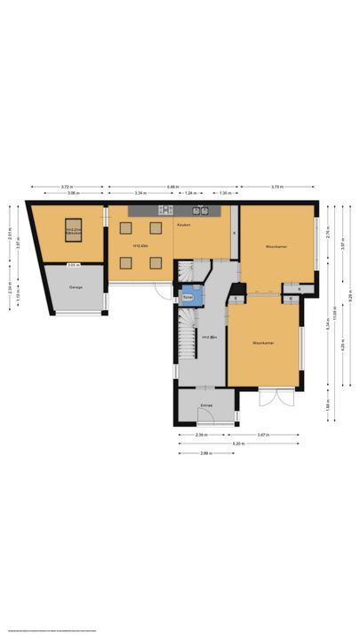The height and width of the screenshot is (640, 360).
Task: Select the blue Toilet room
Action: (x=188, y=297)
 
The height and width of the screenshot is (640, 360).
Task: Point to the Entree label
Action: (x=206, y=405)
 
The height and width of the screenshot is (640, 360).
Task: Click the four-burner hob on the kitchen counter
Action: (x=164, y=211)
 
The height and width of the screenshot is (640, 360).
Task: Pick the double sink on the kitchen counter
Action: (x=204, y=211)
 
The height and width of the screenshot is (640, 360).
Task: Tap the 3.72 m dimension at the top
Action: (x=67, y=187)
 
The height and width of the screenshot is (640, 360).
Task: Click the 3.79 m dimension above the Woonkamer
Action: (x=276, y=187)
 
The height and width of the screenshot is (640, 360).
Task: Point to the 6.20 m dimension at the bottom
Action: (x=237, y=443)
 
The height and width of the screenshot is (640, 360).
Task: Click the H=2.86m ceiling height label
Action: (x=209, y=337)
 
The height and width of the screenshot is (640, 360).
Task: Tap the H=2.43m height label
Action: (x=140, y=245)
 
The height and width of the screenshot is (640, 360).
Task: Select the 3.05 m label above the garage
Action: (x=74, y=265)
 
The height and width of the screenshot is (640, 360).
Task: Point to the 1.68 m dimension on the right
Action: (x=327, y=403)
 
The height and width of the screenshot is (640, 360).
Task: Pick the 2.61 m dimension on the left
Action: (x=10, y=237)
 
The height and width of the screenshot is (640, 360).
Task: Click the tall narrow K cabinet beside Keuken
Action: (x=234, y=232)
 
